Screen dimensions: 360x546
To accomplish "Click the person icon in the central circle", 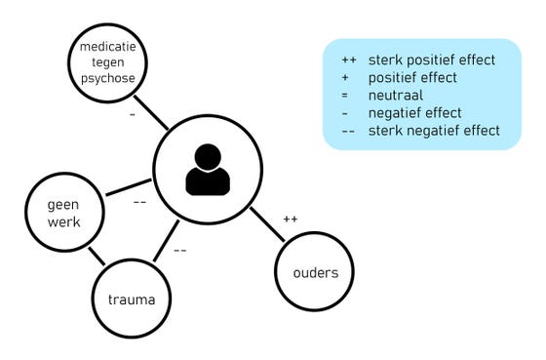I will click(x=208, y=171).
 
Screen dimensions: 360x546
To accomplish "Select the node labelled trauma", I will click(x=132, y=299).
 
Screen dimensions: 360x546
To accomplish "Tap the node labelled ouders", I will click(x=315, y=272).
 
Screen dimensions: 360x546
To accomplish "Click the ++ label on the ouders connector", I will click(x=290, y=219).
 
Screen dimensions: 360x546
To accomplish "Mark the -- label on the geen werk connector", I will click(x=139, y=203).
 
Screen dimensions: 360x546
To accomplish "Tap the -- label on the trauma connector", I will click(x=180, y=251).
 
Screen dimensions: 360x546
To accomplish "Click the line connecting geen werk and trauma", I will click(x=97, y=257).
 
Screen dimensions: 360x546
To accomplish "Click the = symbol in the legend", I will click(x=349, y=96).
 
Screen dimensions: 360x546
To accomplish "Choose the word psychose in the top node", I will click(x=108, y=78).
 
